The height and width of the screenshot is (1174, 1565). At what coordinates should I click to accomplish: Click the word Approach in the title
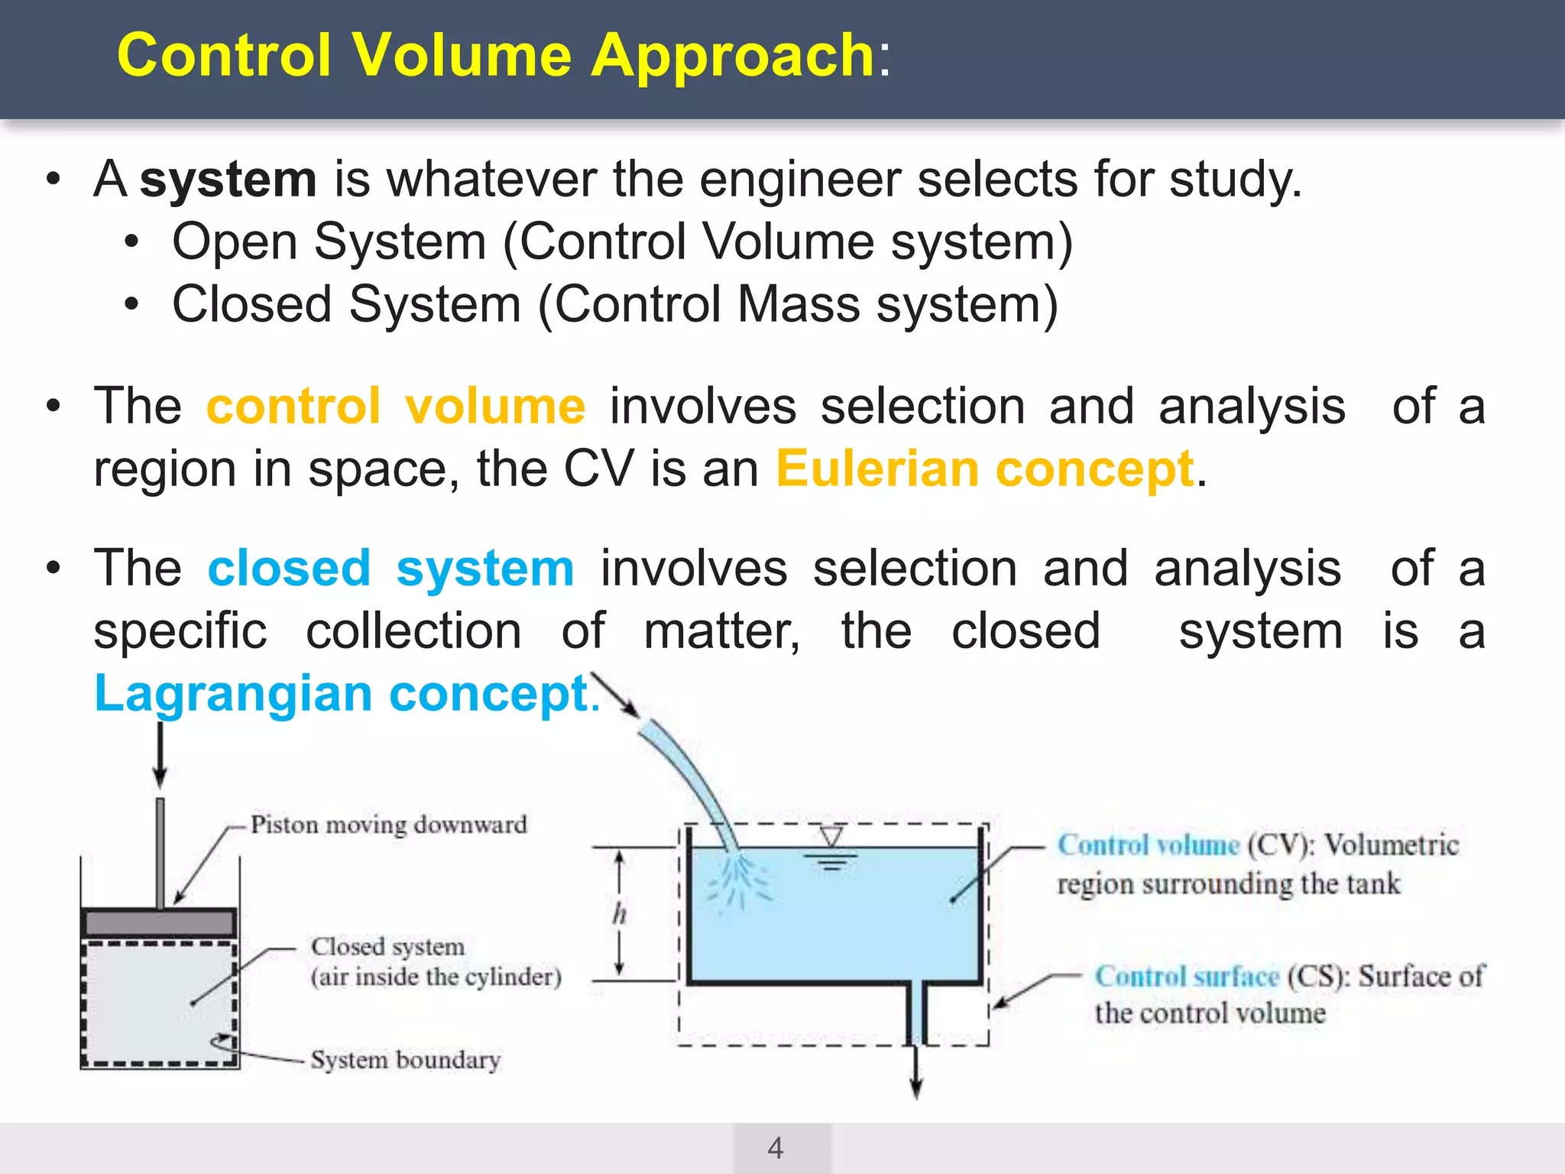click(732, 57)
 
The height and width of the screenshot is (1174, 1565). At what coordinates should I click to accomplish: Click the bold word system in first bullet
click(228, 180)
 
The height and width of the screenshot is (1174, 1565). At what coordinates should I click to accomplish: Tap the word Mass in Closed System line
click(798, 305)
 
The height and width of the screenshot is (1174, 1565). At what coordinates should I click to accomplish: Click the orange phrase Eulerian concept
click(984, 469)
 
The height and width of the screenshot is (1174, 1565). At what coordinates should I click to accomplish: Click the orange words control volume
click(395, 406)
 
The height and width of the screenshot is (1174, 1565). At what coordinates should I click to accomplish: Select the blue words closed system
click(390, 569)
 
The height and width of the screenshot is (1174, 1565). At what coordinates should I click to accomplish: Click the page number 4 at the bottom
click(775, 1148)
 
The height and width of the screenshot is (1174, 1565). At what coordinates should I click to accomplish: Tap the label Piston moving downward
click(388, 825)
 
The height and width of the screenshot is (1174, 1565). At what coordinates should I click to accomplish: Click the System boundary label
click(405, 1060)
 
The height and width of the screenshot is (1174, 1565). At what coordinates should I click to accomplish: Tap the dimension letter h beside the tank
click(619, 913)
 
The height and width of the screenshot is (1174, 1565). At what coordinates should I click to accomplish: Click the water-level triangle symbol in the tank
click(831, 837)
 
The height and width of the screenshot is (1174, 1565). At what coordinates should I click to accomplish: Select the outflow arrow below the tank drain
click(916, 1082)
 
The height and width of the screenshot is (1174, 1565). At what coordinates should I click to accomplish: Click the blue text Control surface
click(1186, 977)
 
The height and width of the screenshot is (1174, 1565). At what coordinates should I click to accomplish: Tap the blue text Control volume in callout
click(1147, 845)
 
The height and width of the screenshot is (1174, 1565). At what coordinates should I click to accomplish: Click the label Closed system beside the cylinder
click(387, 947)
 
